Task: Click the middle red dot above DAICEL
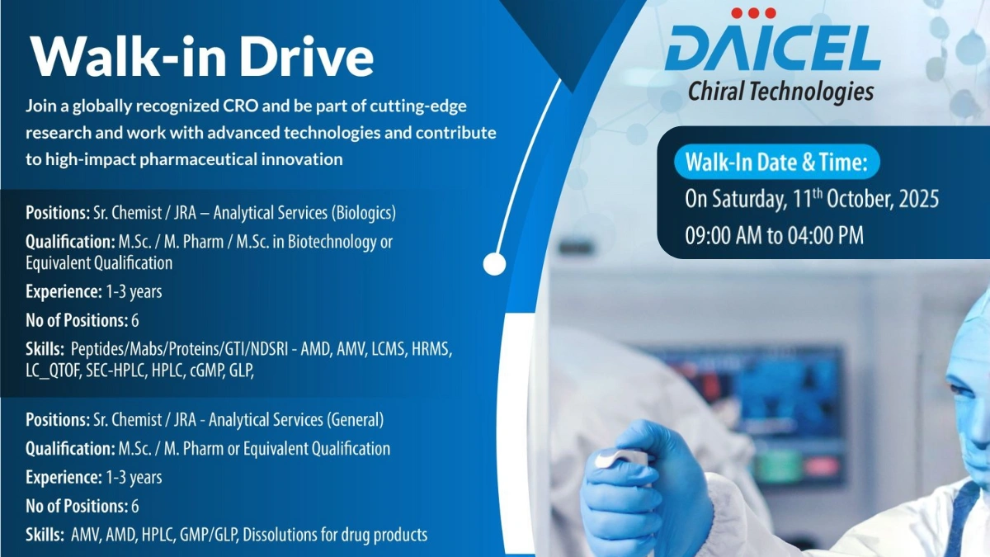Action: [x=754, y=12]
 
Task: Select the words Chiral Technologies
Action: [x=780, y=91]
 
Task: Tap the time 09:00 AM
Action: [x=723, y=235]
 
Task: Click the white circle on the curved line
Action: [x=494, y=264]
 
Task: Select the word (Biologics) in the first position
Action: [x=364, y=213]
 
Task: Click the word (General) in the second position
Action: [x=356, y=419]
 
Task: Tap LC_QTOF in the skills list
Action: [x=53, y=371]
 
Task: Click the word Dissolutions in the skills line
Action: [x=271, y=535]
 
